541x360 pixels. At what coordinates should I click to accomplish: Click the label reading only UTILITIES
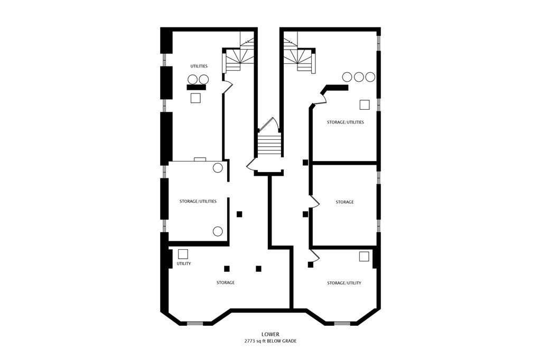(x=199, y=66)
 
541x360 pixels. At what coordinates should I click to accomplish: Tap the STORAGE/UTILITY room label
(x=344, y=283)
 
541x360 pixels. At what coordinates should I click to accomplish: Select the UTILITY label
(x=184, y=263)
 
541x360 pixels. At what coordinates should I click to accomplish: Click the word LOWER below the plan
(x=270, y=334)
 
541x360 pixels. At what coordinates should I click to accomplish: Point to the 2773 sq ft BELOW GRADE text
(x=270, y=342)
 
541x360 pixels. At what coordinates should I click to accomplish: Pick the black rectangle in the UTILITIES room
(x=196, y=87)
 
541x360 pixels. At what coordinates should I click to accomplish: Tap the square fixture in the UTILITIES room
(x=196, y=98)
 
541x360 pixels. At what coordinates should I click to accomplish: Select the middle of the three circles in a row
(x=359, y=77)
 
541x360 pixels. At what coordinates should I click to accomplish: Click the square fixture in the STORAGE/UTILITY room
(x=364, y=257)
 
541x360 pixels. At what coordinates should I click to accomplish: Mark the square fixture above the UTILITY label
(x=183, y=254)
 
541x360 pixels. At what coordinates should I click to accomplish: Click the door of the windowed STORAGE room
(x=314, y=202)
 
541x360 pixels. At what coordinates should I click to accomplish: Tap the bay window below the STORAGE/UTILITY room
(x=342, y=323)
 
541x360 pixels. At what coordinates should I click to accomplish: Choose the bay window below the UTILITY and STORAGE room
(x=195, y=323)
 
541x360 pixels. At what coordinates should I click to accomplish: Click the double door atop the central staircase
(x=268, y=126)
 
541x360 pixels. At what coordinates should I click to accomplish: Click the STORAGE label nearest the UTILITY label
(x=225, y=283)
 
